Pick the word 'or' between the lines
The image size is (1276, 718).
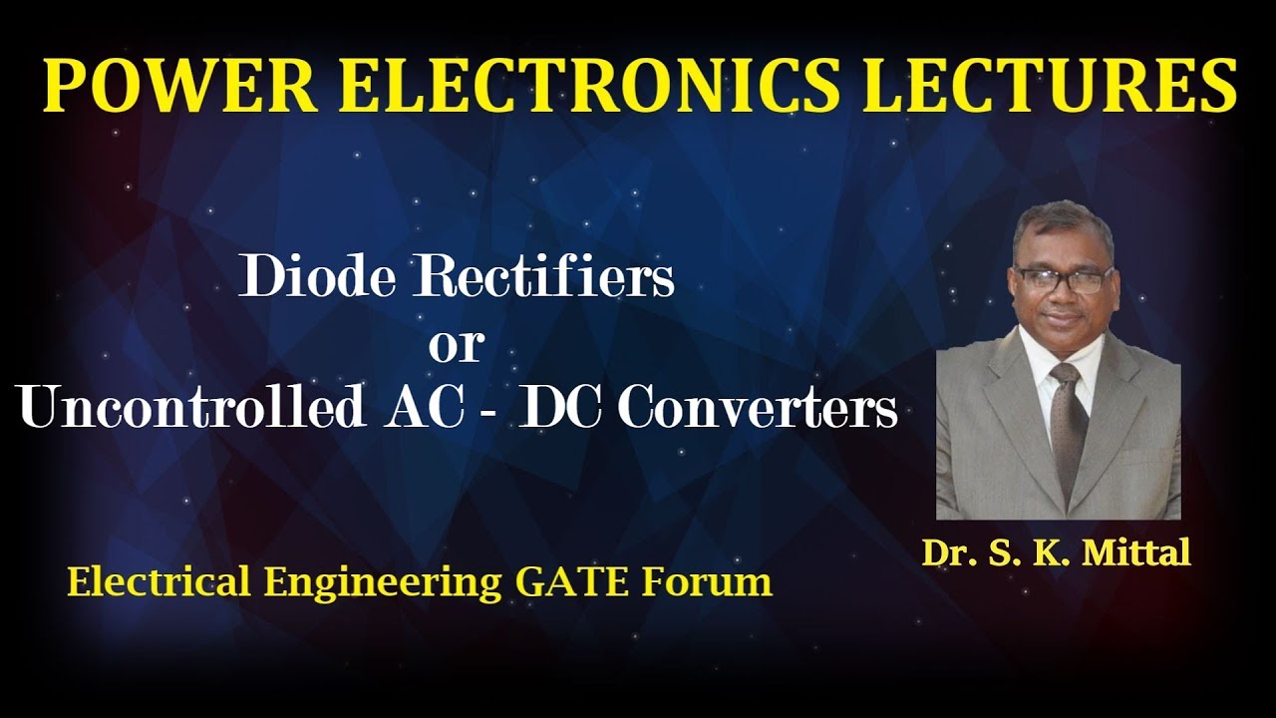pos(456,344)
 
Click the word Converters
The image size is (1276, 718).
pos(758,408)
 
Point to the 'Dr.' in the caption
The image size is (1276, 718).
pos(945,553)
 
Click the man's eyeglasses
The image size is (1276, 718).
pos(1063,280)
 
